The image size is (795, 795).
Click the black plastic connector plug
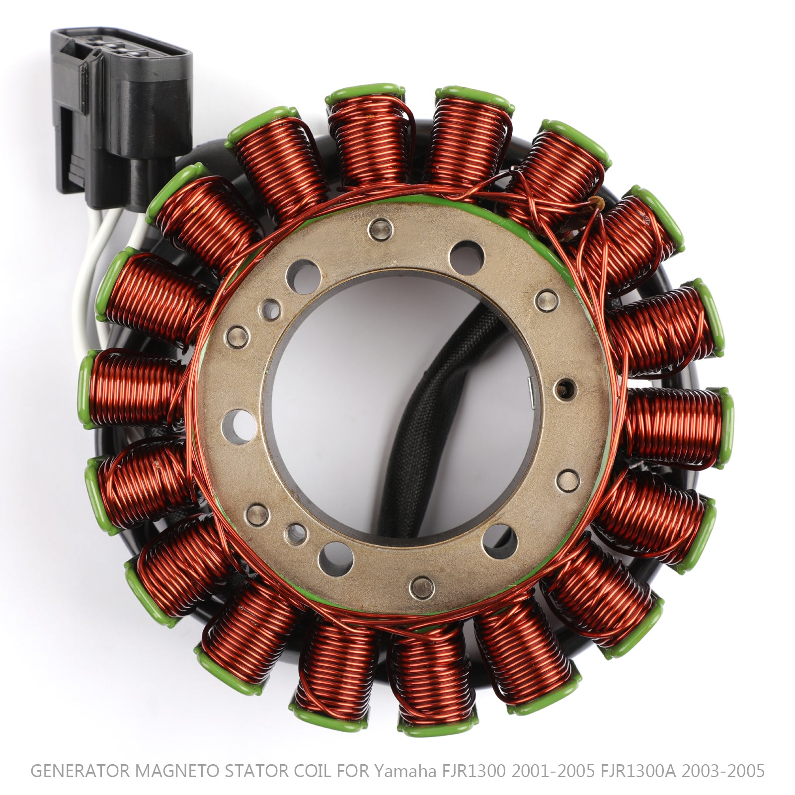[122, 114]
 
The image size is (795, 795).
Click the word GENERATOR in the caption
[79, 771]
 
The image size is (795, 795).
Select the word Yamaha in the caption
[403, 771]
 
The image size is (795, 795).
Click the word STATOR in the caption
[257, 771]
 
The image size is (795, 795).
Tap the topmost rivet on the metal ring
[381, 230]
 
